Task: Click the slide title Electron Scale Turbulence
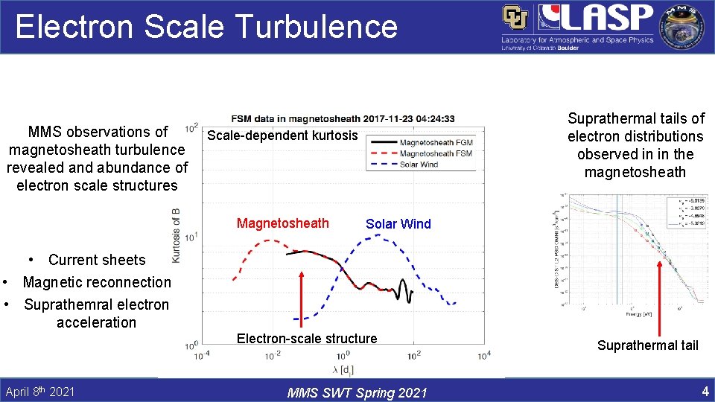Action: [x=206, y=27]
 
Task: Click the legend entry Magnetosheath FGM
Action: [x=436, y=142]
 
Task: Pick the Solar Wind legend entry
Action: [x=419, y=165]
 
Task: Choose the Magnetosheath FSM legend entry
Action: [x=436, y=153]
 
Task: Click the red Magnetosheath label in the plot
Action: [x=282, y=223]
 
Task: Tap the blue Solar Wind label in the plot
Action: [x=398, y=224]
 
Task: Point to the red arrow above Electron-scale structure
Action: [x=302, y=298]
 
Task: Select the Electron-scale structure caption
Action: [x=307, y=339]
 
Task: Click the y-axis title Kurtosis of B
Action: [x=177, y=235]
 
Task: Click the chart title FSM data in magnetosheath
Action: [x=343, y=118]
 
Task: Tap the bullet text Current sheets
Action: [x=97, y=260]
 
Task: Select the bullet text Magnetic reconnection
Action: [x=97, y=282]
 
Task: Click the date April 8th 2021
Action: [x=39, y=392]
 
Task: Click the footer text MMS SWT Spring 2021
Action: [x=357, y=392]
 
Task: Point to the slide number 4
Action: [x=704, y=391]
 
